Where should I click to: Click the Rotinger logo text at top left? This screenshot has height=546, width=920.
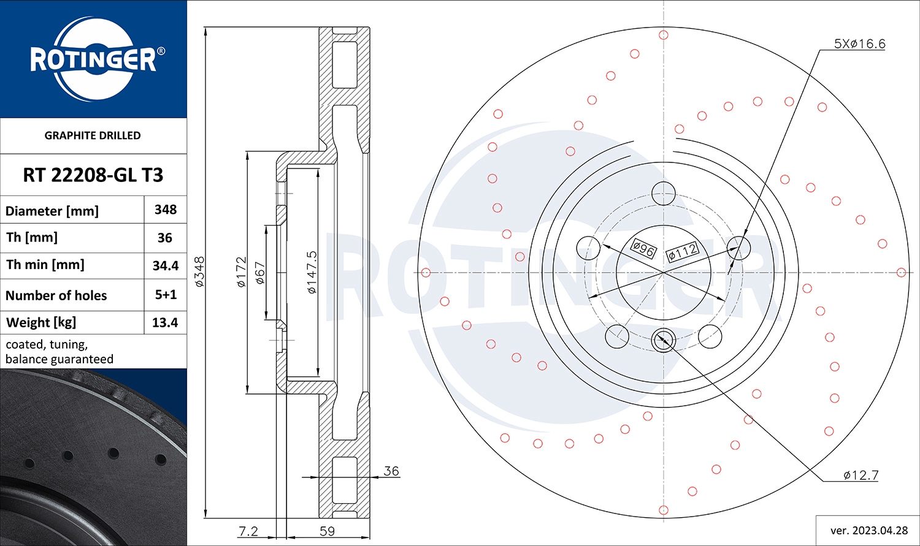tap(93, 59)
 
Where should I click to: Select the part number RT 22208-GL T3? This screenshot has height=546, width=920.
tap(93, 175)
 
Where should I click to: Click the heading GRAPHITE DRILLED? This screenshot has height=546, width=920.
tap(93, 135)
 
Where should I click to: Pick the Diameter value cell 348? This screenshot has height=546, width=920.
tap(166, 210)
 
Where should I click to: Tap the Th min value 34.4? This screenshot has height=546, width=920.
tap(166, 265)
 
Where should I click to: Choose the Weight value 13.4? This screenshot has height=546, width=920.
tap(165, 322)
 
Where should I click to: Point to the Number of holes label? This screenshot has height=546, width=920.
tap(56, 295)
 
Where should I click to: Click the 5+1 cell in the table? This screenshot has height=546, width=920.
tap(166, 295)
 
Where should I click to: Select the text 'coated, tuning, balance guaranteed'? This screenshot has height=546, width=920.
tap(59, 352)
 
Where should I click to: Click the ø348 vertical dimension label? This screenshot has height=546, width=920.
tap(199, 271)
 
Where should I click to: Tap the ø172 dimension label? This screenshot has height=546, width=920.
tap(241, 271)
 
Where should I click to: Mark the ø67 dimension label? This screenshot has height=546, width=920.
tap(260, 273)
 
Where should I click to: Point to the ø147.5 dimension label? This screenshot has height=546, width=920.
tap(312, 271)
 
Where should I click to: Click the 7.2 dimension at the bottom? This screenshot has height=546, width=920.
tap(248, 531)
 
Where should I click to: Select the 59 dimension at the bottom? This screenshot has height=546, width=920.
tap(328, 531)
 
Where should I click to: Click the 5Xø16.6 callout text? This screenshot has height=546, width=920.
tap(859, 44)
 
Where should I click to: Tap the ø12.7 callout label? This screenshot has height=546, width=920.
tap(861, 475)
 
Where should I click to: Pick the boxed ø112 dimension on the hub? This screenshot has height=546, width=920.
tap(682, 251)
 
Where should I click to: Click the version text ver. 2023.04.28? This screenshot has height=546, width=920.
tap(868, 530)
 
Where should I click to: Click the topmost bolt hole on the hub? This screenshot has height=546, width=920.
tap(663, 194)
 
